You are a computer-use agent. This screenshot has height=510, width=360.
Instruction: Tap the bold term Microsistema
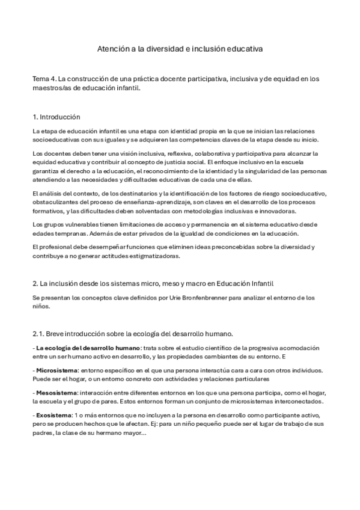point(57,371)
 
